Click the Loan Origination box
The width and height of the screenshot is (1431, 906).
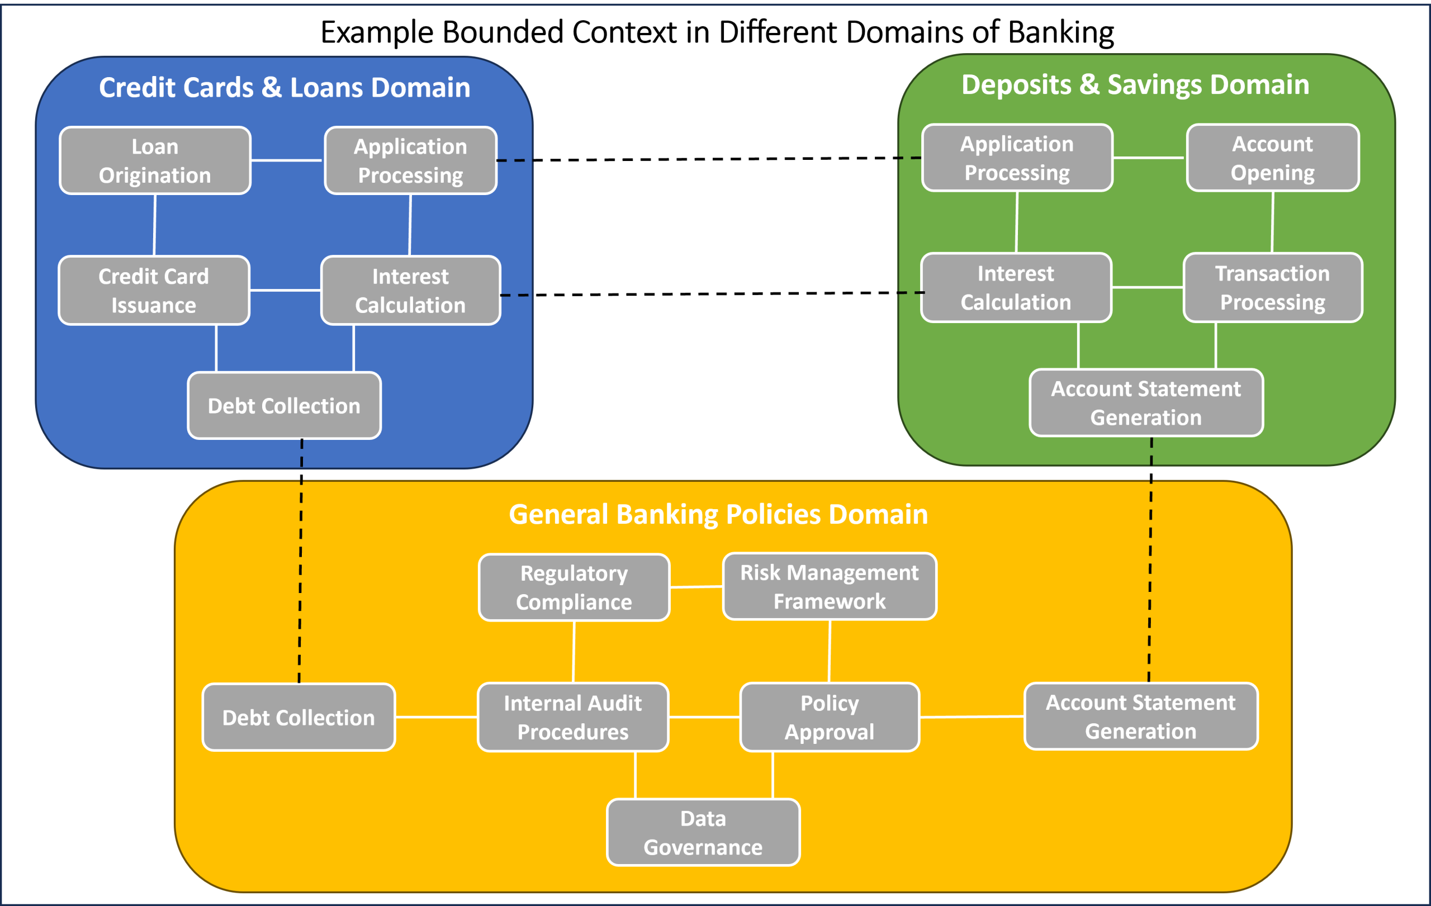click(154, 160)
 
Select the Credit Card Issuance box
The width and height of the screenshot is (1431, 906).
click(153, 291)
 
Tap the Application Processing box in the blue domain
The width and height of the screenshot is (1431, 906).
click(410, 160)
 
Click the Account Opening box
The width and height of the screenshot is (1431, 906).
click(1272, 158)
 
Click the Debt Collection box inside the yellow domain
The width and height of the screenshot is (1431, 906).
click(298, 718)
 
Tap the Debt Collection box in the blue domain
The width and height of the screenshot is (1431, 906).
click(284, 406)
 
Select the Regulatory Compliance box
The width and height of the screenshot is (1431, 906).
click(574, 587)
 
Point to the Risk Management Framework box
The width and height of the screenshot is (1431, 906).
click(829, 586)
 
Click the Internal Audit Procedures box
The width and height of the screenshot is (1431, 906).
click(572, 717)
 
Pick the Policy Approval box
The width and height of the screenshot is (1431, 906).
click(829, 717)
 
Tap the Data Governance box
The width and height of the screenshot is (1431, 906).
click(703, 832)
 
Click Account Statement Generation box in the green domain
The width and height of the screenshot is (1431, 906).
click(1146, 403)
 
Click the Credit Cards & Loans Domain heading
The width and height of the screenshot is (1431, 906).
click(284, 87)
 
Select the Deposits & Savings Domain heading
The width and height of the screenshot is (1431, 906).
click(1135, 84)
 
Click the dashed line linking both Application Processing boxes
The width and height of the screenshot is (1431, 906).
click(707, 159)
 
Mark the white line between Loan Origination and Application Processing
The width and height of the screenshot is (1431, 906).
click(286, 160)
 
